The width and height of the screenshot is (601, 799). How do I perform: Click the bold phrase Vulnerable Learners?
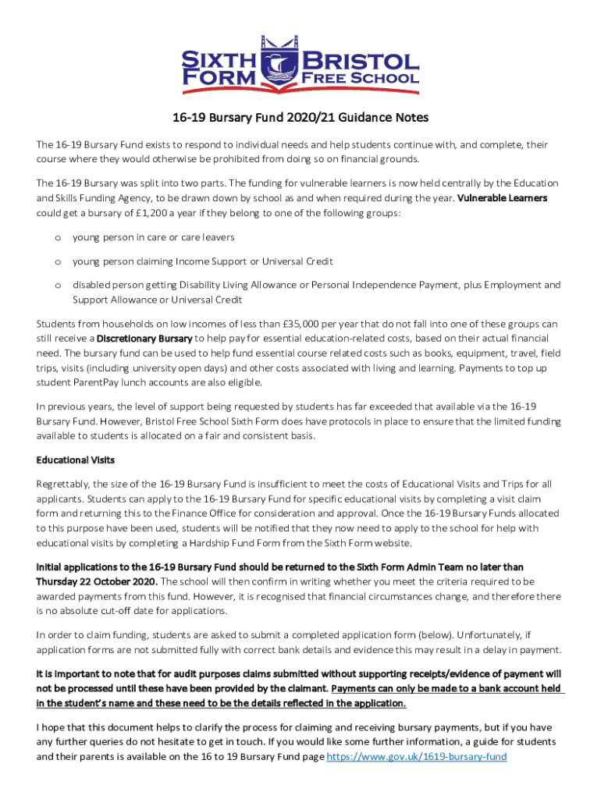502,198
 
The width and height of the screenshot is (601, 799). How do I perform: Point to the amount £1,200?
145,212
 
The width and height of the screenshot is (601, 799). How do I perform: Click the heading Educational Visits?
76,460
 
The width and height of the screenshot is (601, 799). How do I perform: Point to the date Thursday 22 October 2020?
97,581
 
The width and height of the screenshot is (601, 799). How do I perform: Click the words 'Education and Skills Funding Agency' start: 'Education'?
534,183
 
